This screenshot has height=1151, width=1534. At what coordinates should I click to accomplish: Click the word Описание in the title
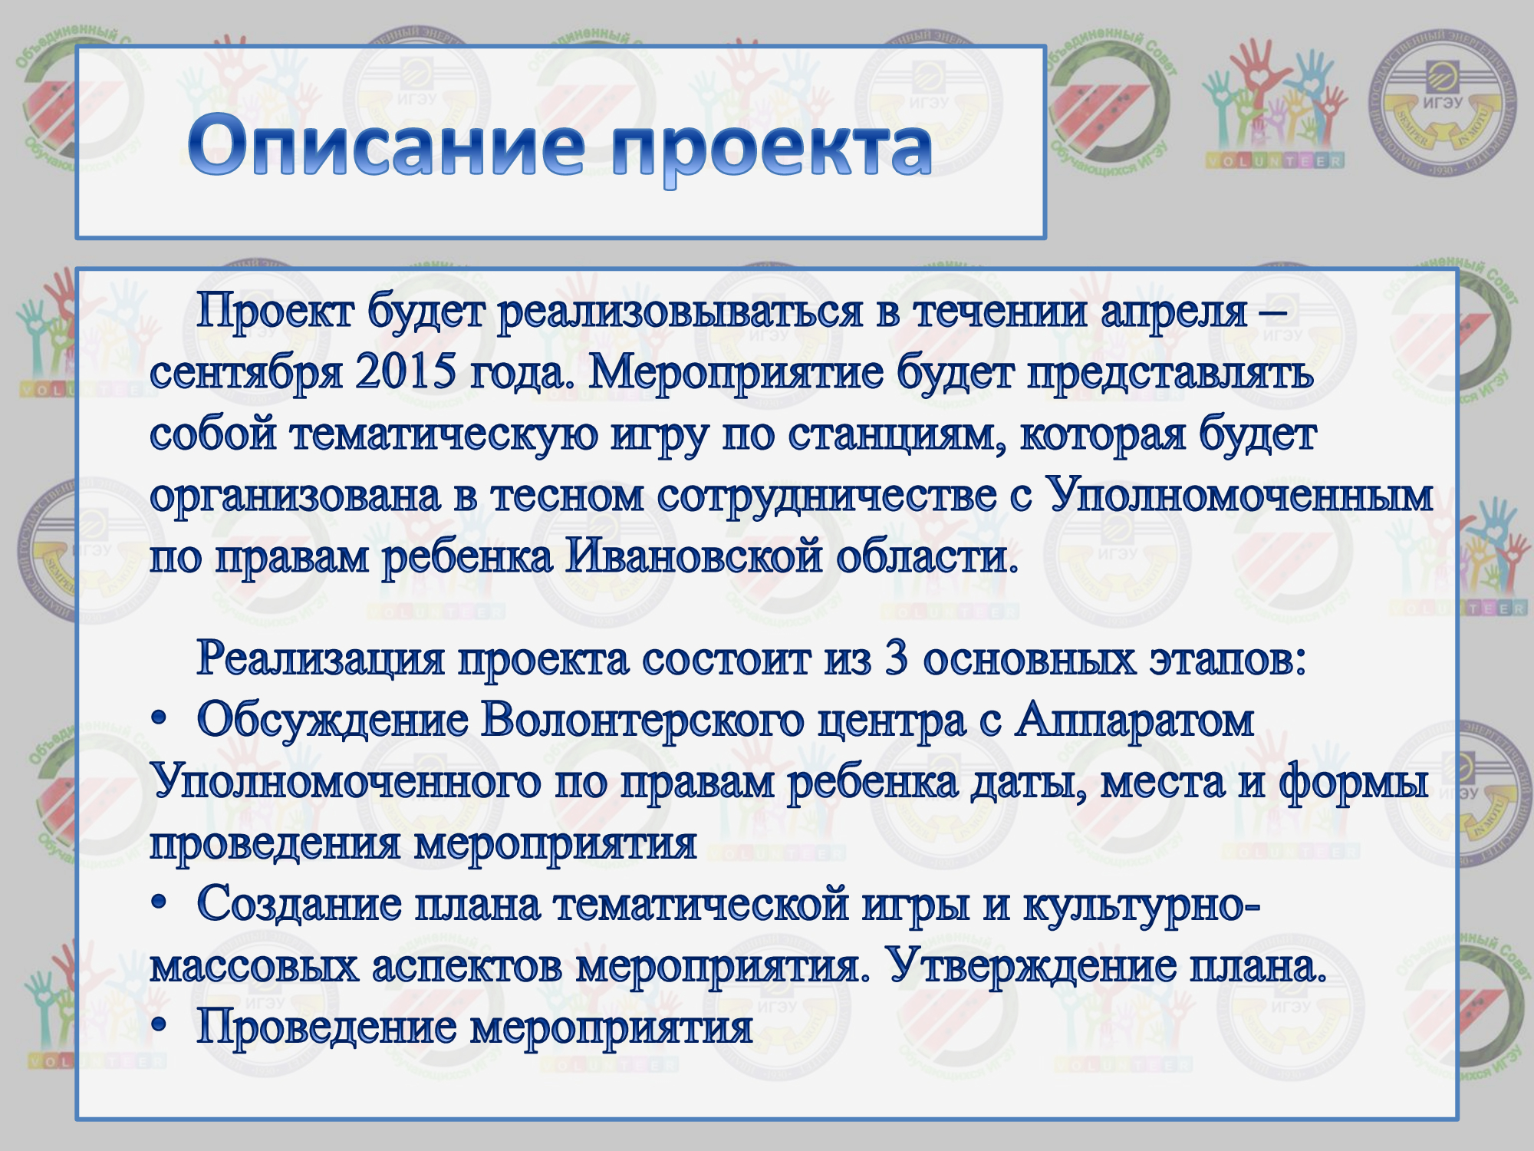coord(387,146)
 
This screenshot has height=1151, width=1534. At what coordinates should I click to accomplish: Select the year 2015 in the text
coord(405,372)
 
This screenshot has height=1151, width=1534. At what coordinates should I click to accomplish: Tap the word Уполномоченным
coord(1239,496)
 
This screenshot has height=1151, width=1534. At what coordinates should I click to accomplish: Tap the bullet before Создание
coord(159,904)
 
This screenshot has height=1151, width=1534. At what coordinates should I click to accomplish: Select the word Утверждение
coord(1032,965)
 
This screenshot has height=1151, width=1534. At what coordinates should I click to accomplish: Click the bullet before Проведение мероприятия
coord(159,1027)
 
